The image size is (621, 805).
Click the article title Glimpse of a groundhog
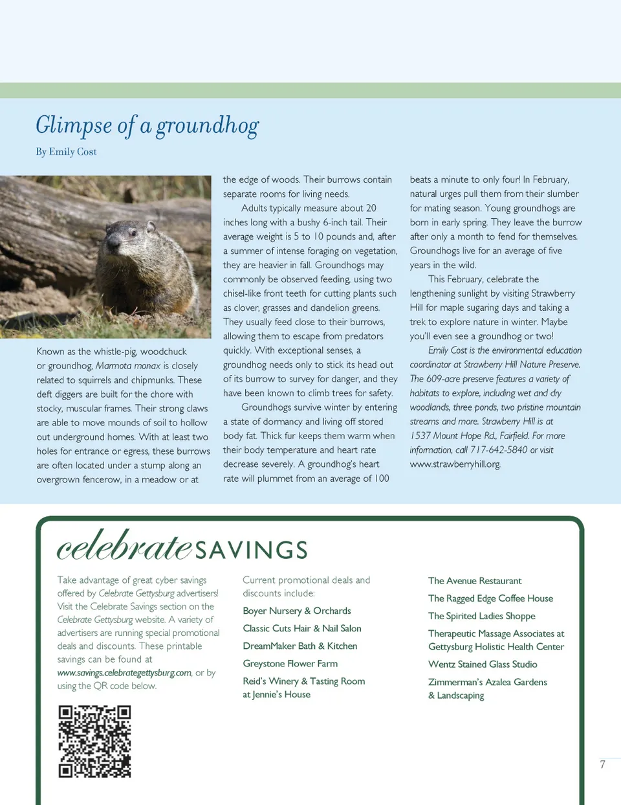point(147,125)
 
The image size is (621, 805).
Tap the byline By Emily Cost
point(66,152)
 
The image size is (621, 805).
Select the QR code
point(94,741)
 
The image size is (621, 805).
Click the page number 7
point(602,764)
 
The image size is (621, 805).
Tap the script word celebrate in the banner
point(124,545)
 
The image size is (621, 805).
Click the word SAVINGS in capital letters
point(251,550)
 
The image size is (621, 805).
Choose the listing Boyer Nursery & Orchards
point(297,611)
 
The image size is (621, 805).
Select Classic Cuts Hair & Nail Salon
point(302,628)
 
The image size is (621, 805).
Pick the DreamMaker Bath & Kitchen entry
point(300,646)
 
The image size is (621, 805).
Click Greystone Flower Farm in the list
point(290,663)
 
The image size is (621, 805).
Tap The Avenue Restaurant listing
point(475,581)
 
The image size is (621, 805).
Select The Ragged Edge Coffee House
point(490,598)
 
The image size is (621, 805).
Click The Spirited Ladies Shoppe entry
point(482,616)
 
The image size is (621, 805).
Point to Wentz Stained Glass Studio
point(483,664)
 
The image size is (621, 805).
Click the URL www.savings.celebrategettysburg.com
point(124,673)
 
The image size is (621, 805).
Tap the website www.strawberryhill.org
point(455,464)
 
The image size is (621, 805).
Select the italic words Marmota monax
point(128,366)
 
